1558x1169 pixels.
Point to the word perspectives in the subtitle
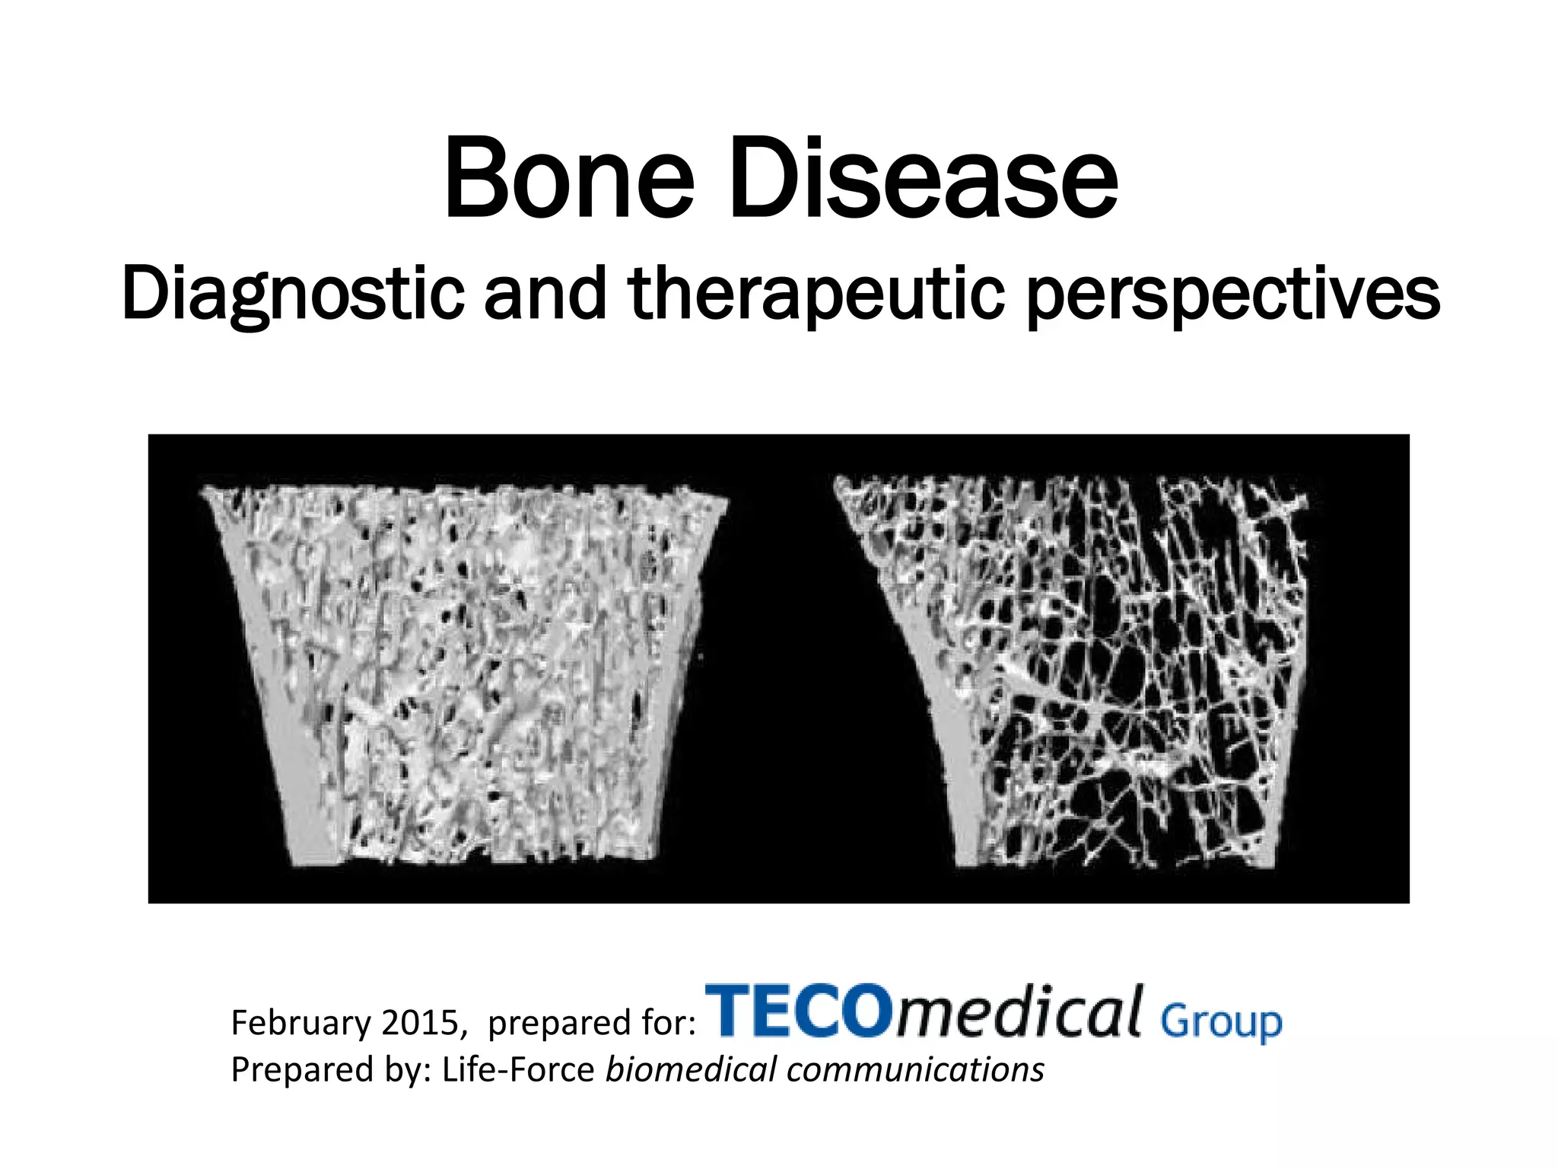1232,295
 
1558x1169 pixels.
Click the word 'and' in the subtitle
545,295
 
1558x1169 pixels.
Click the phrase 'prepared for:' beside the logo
591,1022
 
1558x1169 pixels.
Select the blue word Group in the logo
1221,1022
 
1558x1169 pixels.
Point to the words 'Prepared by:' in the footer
330,1069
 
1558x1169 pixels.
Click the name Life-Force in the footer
518,1069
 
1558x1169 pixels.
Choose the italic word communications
915,1069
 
